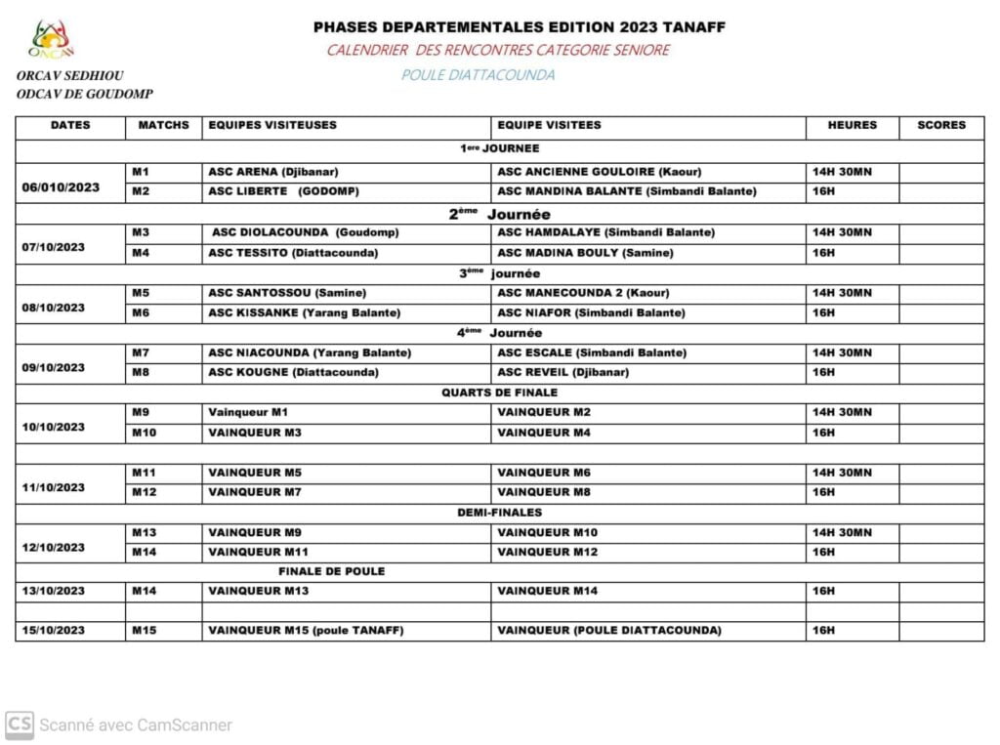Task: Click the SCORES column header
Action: [x=940, y=125]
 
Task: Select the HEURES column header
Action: [x=852, y=125]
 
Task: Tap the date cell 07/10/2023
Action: [x=54, y=247]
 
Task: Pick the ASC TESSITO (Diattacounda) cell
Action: [x=293, y=253]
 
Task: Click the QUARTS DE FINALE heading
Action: [x=499, y=393]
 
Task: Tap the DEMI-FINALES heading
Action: [x=499, y=512]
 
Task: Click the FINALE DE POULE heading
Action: [x=331, y=571]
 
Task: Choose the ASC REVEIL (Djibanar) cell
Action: [x=563, y=372]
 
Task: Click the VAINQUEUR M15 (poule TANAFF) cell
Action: [x=306, y=631]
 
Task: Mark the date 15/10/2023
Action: [x=54, y=631]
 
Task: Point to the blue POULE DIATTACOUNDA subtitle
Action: [x=478, y=75]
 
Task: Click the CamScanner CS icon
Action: [x=19, y=724]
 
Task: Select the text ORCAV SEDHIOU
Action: [x=70, y=76]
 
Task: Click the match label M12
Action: [x=144, y=492]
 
